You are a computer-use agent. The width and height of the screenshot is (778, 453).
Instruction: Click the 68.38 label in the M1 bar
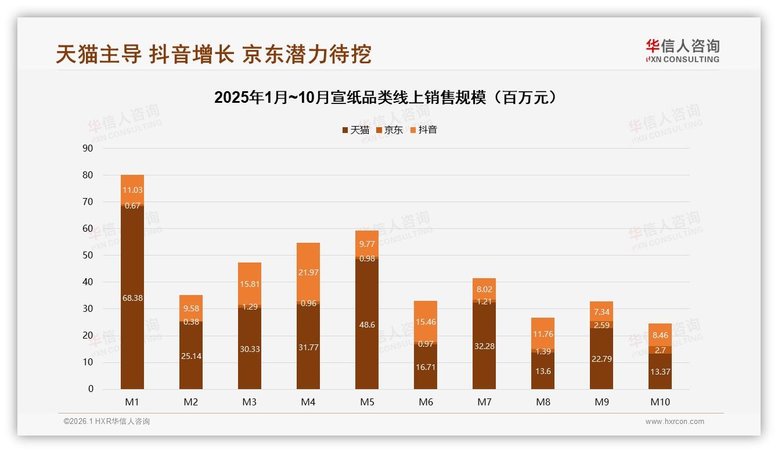(132, 298)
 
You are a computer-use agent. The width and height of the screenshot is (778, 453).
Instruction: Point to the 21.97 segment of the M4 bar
(308, 272)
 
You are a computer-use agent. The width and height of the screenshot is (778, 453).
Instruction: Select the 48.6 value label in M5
(367, 325)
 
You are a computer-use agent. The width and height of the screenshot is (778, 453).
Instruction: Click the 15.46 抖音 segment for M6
(426, 321)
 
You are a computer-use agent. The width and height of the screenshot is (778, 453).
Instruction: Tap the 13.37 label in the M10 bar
(660, 372)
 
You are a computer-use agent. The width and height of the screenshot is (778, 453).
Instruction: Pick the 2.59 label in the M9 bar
(601, 325)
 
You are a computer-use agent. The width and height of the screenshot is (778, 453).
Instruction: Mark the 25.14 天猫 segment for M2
(191, 355)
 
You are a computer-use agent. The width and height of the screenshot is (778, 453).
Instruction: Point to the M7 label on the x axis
(484, 402)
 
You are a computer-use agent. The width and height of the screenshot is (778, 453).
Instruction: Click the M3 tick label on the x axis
(250, 402)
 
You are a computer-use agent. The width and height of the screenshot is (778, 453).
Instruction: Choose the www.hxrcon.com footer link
(675, 422)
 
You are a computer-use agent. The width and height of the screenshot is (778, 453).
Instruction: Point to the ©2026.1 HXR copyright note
(106, 422)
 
